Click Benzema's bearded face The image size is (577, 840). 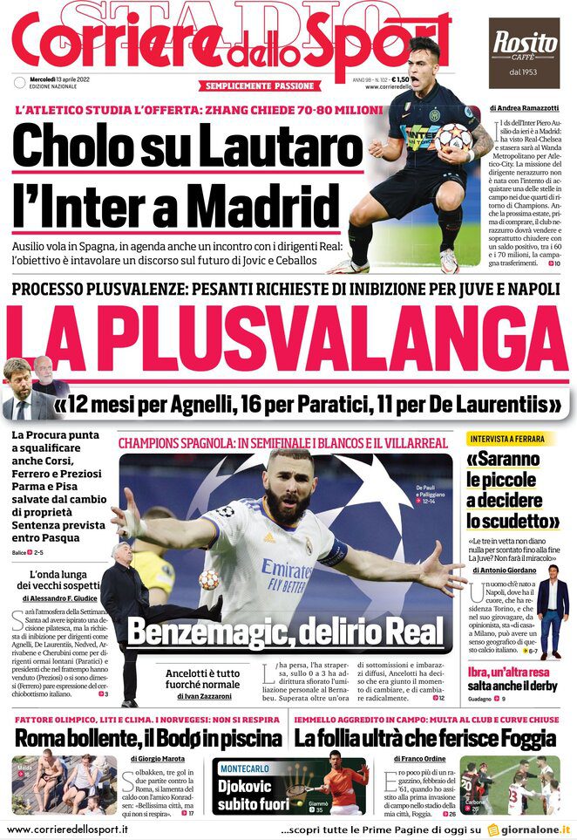click(x=288, y=492)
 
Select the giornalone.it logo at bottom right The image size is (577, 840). click(x=529, y=830)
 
